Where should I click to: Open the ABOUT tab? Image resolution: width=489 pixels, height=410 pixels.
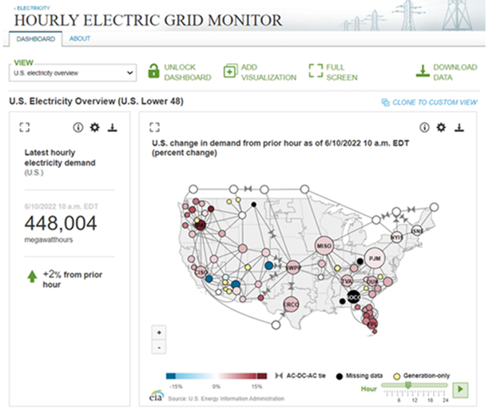pyautogui.click(x=80, y=39)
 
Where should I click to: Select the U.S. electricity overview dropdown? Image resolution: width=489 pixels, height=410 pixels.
pyautogui.click(x=74, y=73)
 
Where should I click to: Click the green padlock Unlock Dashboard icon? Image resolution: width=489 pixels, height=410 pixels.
pyautogui.click(x=153, y=72)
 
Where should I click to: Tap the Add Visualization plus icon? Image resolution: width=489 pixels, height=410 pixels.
pyautogui.click(x=230, y=72)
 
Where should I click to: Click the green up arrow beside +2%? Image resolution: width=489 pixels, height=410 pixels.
pyautogui.click(x=33, y=277)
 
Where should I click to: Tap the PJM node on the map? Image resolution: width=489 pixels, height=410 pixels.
pyautogui.click(x=376, y=258)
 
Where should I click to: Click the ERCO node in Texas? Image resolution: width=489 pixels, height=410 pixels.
pyautogui.click(x=292, y=304)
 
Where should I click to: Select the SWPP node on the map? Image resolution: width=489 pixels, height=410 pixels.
pyautogui.click(x=292, y=268)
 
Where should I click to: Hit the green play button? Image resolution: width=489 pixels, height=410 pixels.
pyautogui.click(x=460, y=389)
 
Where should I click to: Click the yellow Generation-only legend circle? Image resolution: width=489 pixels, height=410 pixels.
pyautogui.click(x=398, y=375)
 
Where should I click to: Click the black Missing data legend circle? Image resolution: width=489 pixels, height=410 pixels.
pyautogui.click(x=339, y=375)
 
